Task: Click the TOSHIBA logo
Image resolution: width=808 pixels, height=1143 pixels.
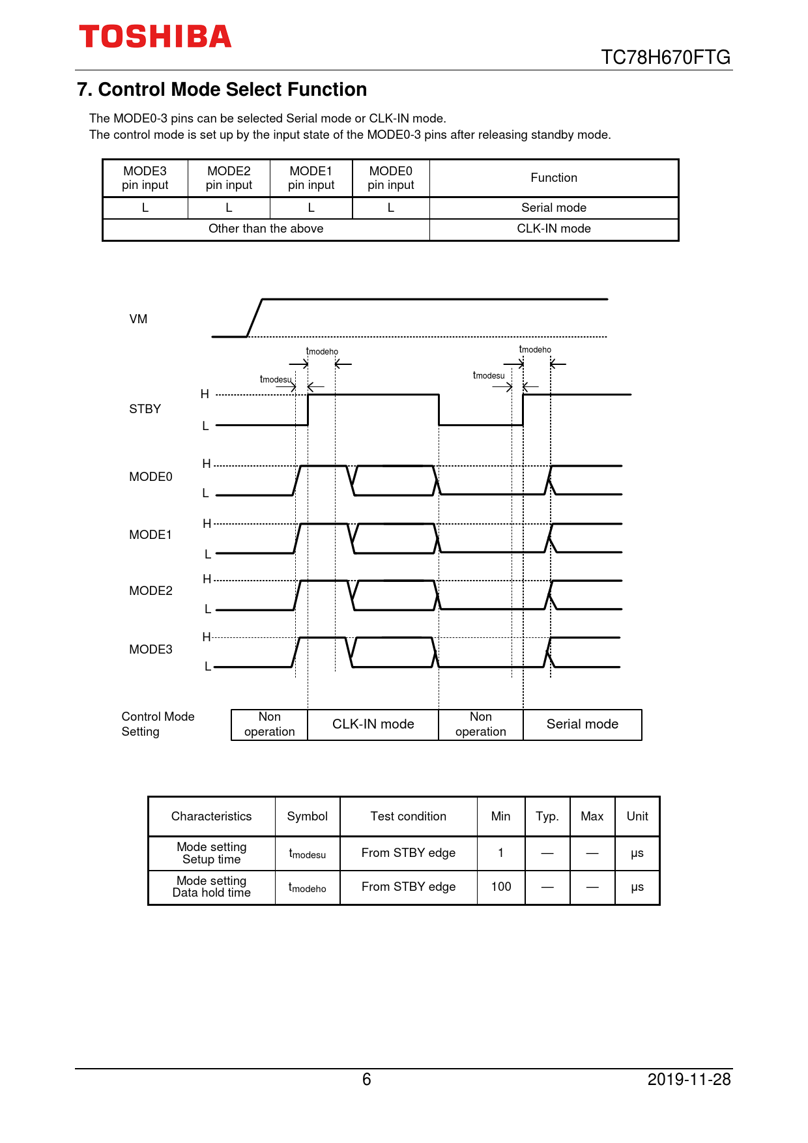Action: [155, 37]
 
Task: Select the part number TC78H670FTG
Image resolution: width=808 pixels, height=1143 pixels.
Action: [665, 57]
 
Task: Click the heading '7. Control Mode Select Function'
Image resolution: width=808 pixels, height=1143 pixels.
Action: [222, 89]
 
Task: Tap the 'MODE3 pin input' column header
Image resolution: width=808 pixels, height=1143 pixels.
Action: [145, 178]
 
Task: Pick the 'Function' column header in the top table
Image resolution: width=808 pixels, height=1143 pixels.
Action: [554, 178]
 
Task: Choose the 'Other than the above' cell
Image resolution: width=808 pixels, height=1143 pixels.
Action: [266, 229]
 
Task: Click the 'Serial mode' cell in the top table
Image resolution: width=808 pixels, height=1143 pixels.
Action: [554, 208]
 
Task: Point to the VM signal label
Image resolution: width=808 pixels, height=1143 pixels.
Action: [138, 319]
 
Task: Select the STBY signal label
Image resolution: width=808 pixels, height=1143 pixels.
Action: [145, 409]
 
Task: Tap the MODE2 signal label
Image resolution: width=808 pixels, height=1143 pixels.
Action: [151, 591]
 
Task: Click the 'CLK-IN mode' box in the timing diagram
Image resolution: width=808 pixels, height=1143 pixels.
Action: [373, 724]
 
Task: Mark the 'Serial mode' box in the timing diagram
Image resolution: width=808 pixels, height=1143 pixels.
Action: [582, 724]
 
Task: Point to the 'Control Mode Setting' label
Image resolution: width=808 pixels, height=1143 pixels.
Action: [158, 724]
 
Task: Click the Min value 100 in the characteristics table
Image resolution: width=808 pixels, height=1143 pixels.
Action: [501, 887]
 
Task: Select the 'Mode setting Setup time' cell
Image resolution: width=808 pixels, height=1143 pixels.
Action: [212, 853]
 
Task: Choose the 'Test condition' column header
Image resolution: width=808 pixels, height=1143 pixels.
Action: [409, 817]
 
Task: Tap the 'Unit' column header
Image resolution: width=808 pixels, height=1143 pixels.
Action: [637, 817]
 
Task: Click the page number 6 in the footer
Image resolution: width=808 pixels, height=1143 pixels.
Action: [367, 1080]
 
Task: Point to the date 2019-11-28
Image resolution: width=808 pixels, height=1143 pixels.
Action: [689, 1080]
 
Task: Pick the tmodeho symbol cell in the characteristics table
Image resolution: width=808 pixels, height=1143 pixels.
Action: [308, 888]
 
